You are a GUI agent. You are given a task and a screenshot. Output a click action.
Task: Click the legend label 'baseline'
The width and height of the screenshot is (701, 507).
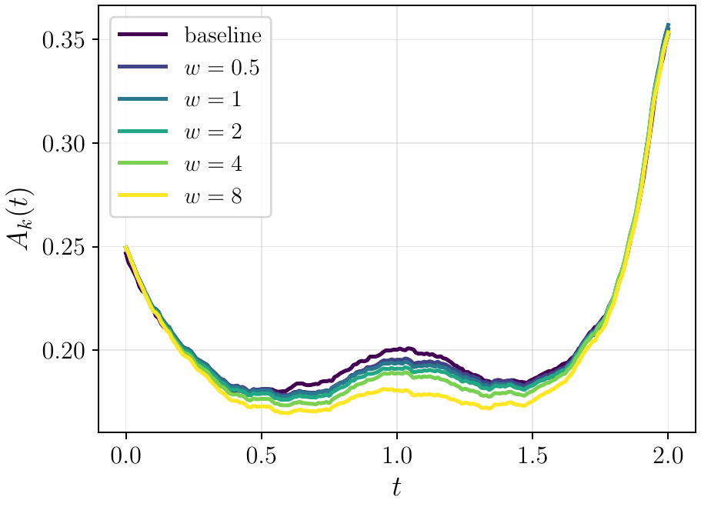point(223,35)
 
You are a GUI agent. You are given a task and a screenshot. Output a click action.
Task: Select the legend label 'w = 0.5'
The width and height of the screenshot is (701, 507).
point(222,68)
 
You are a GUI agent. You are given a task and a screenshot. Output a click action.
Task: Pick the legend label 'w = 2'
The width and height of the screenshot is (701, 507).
point(213,132)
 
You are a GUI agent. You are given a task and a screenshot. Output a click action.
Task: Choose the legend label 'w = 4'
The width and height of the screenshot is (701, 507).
point(213,164)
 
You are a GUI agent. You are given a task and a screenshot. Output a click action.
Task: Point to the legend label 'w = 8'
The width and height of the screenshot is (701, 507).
point(213,196)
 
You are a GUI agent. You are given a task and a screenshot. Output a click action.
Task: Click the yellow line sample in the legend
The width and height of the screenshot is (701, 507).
point(143,195)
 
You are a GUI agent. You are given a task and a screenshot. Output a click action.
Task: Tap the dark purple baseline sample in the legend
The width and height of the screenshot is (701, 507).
point(143,35)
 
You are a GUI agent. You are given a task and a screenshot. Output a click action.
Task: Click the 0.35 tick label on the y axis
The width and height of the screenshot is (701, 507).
point(64,40)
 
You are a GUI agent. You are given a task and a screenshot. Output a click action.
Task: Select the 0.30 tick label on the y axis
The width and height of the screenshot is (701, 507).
point(64,144)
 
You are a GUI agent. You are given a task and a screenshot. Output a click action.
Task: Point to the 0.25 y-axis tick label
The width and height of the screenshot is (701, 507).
point(64,247)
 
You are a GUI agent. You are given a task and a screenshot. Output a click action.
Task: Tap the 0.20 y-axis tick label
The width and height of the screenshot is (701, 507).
point(64,351)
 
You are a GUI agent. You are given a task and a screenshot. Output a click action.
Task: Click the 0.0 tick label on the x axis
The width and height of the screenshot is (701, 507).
point(126,456)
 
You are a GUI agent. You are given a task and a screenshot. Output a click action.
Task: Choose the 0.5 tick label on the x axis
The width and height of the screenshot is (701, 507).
point(262,456)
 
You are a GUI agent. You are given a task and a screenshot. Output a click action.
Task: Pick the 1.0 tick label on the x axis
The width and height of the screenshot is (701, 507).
point(397,456)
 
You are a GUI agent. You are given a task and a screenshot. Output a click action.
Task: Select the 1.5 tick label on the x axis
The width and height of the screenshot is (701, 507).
point(532,456)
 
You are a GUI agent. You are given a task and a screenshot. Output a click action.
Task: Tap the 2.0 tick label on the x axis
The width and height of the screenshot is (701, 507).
point(668,456)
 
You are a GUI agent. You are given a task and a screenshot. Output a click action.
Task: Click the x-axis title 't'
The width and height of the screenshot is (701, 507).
point(396,487)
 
